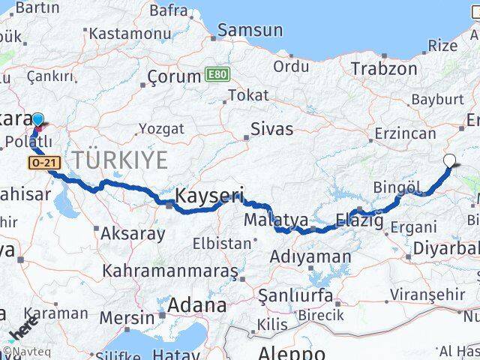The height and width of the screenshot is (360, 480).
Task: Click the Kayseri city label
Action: pos(209,197)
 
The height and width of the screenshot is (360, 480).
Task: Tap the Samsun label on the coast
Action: pos(250,31)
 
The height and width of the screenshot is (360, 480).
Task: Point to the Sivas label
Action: pos(271,128)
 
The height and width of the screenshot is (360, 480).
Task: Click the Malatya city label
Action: pos(275,220)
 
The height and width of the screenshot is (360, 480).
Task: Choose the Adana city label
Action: pos(196,305)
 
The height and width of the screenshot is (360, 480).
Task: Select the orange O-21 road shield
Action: pos(42,162)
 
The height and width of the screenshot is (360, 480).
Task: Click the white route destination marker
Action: pos(449,160)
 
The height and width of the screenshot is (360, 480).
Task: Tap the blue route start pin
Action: pos(37,119)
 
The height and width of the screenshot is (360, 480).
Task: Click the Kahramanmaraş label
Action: pos(171,270)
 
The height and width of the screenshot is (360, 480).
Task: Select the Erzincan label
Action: pos(405,133)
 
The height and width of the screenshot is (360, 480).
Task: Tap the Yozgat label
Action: pos(160,129)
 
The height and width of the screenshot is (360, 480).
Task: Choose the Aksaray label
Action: pos(135,233)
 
